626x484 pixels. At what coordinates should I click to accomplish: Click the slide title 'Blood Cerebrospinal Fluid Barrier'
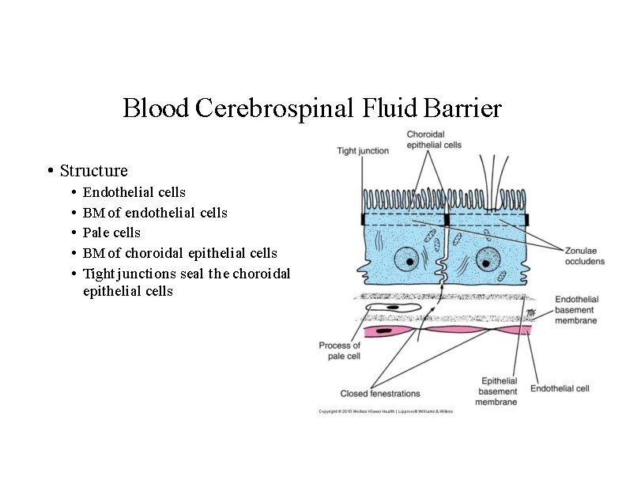point(312,108)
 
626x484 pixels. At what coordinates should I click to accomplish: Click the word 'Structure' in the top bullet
point(93,171)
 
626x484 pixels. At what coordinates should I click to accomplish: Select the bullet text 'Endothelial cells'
point(134,192)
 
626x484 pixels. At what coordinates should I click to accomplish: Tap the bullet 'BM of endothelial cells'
point(155,213)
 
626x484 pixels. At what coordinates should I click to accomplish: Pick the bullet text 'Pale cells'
point(111,233)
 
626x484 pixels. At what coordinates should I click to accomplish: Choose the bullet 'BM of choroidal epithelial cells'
point(180,253)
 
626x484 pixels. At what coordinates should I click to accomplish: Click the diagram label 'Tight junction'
point(363,150)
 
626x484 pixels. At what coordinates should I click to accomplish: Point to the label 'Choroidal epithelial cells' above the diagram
point(434,139)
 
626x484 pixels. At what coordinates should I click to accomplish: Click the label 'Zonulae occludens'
point(584,255)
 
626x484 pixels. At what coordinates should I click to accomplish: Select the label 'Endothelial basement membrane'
point(576,310)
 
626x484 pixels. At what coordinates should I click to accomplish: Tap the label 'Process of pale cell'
point(340,350)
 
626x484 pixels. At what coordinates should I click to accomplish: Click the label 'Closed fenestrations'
point(380,393)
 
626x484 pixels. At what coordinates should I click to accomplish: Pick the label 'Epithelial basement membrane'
point(500,391)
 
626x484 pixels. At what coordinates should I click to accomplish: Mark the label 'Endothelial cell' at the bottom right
point(560,388)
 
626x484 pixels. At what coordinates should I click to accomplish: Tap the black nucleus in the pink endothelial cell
point(388,330)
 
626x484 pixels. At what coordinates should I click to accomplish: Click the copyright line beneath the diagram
point(386,411)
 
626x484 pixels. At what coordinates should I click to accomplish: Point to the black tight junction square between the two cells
point(446,219)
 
